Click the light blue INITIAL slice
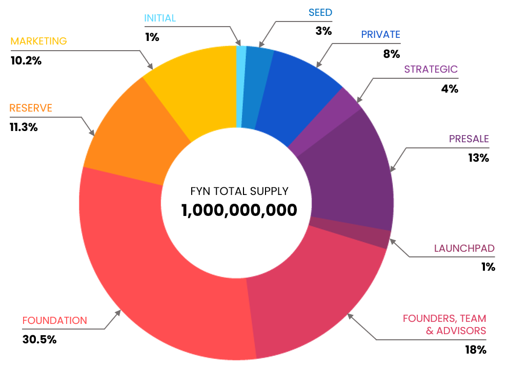click(239, 87)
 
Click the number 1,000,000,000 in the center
click(239, 210)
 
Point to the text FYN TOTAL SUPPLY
click(239, 191)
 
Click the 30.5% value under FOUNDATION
click(39, 339)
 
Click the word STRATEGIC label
click(431, 70)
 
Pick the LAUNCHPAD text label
click(464, 249)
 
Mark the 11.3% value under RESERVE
click(24, 127)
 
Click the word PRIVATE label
click(380, 35)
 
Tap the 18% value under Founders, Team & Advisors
click(475, 350)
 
